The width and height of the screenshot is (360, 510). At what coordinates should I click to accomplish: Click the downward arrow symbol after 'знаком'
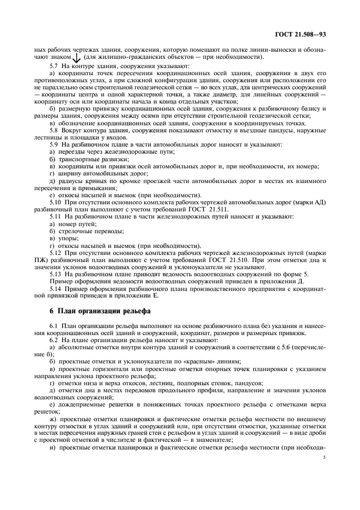77,58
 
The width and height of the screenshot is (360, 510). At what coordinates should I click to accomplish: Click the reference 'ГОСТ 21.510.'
248,260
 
